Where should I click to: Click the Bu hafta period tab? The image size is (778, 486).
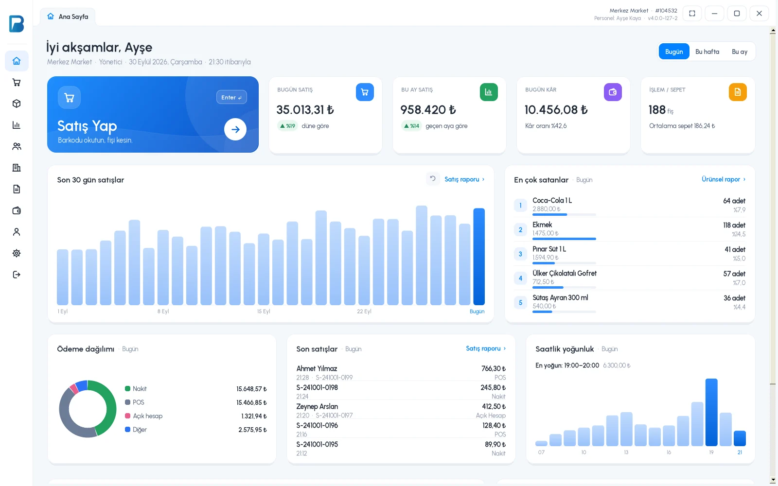[707, 52]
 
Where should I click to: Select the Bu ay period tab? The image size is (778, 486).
[740, 52]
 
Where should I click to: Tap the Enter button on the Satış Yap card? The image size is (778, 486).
[231, 97]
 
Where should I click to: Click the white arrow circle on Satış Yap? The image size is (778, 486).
[235, 129]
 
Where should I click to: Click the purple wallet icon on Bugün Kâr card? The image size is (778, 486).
[613, 92]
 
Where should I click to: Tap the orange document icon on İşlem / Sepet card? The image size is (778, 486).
[737, 92]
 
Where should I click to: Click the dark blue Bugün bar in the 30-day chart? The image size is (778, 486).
[478, 257]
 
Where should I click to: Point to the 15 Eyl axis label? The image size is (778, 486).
[263, 312]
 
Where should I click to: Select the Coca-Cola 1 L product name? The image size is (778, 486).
[552, 201]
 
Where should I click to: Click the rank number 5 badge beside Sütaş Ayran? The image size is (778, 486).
[520, 302]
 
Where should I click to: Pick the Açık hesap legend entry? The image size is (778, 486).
[143, 416]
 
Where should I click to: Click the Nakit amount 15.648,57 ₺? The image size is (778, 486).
[251, 389]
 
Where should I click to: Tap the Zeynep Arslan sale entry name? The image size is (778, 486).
[317, 406]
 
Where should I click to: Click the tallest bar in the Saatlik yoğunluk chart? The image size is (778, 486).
[711, 412]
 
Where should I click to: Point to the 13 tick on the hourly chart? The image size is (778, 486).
[626, 452]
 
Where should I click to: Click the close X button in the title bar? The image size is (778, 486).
[759, 14]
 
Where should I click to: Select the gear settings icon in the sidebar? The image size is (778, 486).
[17, 253]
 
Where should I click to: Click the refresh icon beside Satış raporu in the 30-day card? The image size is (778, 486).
[432, 179]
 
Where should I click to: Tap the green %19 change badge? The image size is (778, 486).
[287, 126]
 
